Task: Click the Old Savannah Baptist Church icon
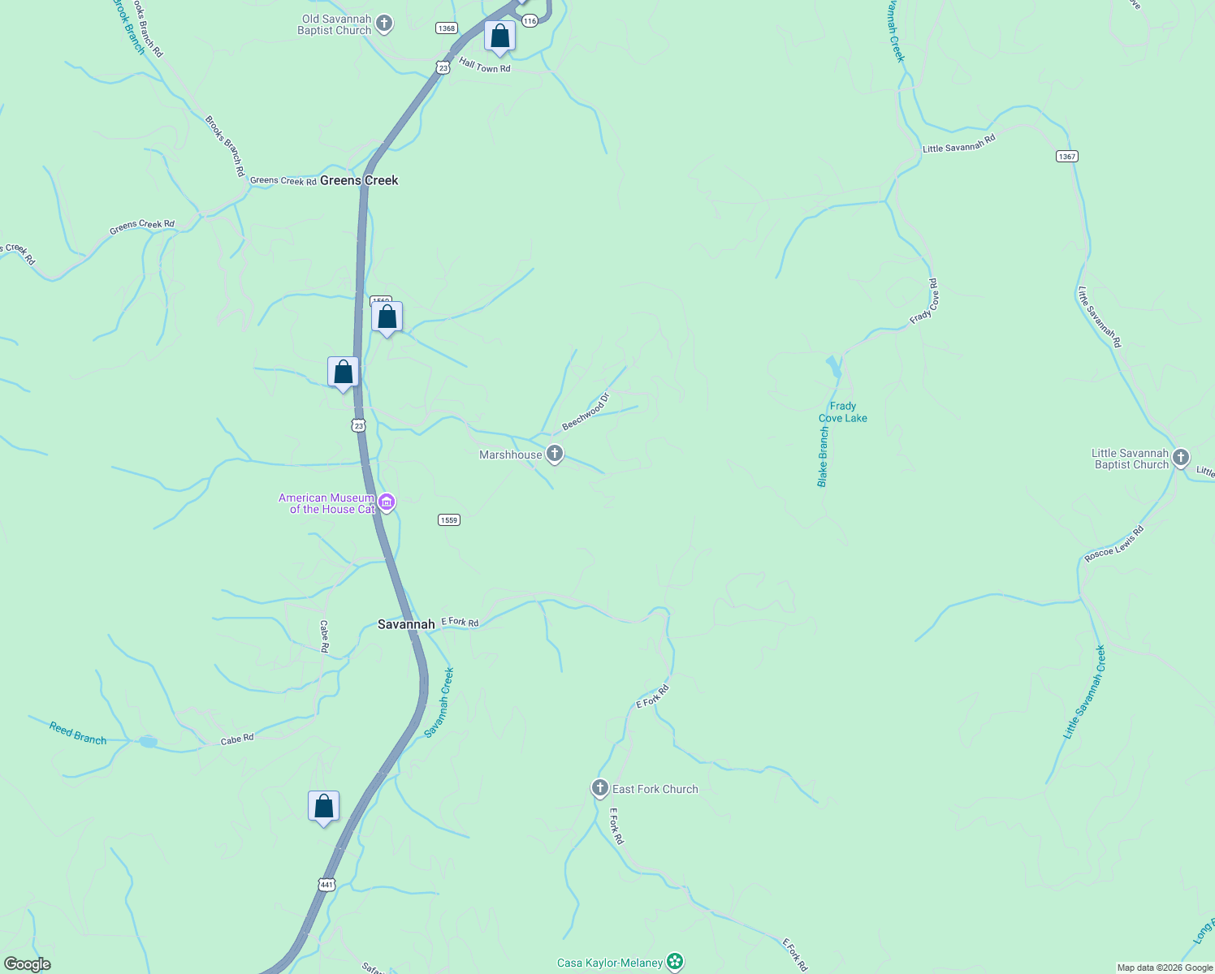tap(385, 24)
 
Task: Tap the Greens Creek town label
tap(359, 180)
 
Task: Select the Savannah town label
tap(406, 624)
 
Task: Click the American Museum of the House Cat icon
tap(387, 502)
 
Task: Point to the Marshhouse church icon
tap(555, 454)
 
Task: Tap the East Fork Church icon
tap(599, 788)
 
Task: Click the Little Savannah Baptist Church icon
tap(1181, 458)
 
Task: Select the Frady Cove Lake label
tap(843, 412)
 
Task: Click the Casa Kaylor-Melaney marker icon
tap(674, 962)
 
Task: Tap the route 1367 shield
tap(1067, 156)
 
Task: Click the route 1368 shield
tap(446, 28)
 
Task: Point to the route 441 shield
tap(326, 884)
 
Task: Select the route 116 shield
tap(530, 21)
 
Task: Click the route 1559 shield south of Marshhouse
tap(449, 519)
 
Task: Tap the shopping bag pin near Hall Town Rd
tap(499, 37)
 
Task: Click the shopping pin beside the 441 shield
tap(323, 807)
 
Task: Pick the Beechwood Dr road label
tap(586, 412)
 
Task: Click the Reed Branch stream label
tap(78, 733)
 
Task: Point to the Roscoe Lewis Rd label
tap(1114, 544)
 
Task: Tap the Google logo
tap(27, 964)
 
